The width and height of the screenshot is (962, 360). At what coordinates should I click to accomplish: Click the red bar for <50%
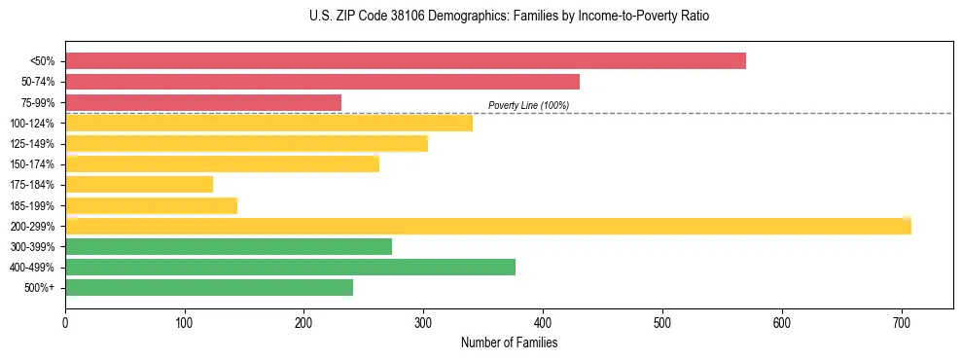406,61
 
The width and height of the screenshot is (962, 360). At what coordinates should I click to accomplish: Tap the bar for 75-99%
203,102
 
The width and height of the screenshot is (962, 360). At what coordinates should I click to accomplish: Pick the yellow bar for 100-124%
268,123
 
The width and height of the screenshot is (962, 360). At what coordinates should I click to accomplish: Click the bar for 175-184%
139,185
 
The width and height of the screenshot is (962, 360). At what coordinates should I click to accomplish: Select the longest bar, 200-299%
488,226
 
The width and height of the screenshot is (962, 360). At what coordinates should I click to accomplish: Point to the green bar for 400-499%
290,268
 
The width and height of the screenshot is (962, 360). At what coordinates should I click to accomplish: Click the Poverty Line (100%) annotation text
528,105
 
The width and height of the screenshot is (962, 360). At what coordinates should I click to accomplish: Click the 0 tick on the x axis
65,322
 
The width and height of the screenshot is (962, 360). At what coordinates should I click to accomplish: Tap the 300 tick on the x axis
423,322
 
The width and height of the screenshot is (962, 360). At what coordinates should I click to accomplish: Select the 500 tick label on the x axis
662,322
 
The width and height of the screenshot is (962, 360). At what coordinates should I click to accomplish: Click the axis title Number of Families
509,342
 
